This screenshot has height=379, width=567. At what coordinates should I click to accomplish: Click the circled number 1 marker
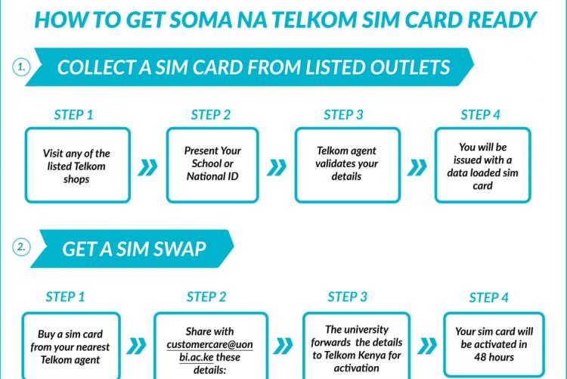(20, 67)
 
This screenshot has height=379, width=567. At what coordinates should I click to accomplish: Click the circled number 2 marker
(20, 247)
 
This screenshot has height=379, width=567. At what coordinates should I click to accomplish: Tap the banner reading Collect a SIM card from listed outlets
(253, 67)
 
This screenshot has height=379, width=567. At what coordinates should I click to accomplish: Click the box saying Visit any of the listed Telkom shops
(77, 165)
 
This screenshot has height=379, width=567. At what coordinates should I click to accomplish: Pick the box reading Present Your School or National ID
(212, 164)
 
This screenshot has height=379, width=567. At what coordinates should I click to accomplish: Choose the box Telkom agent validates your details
(347, 164)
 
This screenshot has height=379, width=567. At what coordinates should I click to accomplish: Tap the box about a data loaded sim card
(482, 165)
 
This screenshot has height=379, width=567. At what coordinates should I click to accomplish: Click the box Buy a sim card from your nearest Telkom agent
(70, 345)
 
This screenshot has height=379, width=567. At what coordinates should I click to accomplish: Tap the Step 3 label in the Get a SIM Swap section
(348, 296)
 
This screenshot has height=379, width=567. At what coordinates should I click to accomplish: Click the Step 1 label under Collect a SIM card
(74, 115)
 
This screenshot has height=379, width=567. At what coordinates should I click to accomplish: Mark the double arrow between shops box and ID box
(148, 166)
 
